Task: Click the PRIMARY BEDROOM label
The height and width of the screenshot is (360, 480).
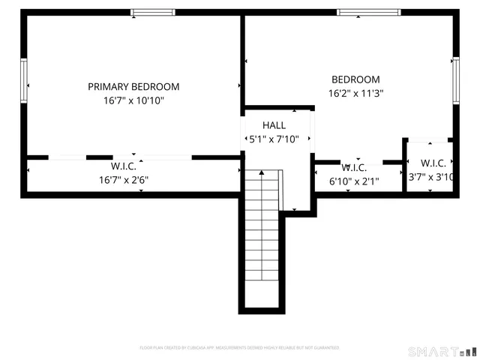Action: coord(133,86)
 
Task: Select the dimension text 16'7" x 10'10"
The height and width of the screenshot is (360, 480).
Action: coord(133,100)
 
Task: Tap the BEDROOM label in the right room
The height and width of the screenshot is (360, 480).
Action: coord(355,79)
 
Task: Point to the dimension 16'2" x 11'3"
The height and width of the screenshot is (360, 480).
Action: coord(355,94)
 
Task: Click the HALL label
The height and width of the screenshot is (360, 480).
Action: coord(274,124)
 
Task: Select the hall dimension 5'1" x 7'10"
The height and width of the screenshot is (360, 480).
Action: coord(274,139)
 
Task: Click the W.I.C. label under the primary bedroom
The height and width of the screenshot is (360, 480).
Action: coord(123,166)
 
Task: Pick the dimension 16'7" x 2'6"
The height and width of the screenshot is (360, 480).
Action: coord(123,180)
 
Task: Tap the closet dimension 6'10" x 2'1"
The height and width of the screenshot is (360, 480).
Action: coord(355,181)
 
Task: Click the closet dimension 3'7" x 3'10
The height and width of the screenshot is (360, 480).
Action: coord(432,178)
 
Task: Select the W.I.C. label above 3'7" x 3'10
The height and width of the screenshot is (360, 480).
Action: coord(433,163)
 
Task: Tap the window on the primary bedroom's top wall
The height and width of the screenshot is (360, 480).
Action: coord(153,13)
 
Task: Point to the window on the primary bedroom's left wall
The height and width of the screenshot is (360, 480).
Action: coord(24,83)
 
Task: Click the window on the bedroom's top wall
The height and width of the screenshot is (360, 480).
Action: coord(362,13)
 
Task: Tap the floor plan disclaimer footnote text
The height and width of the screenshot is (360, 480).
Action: coord(239,348)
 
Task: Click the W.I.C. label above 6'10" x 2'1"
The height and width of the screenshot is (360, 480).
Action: coord(353,167)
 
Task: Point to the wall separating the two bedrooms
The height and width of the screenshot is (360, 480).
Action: coord(242,60)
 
